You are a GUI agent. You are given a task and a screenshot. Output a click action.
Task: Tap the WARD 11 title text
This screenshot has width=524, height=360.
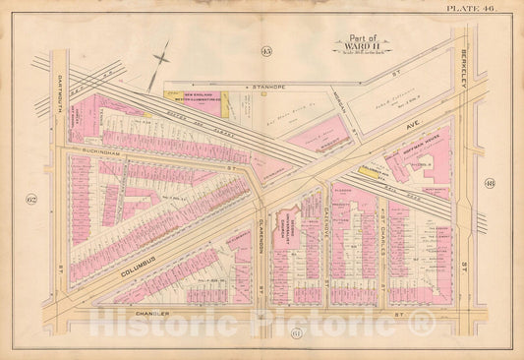350,43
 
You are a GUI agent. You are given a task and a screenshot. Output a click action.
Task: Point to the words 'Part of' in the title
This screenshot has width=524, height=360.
349,33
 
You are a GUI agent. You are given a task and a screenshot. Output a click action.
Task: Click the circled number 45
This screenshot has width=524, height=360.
266,50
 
